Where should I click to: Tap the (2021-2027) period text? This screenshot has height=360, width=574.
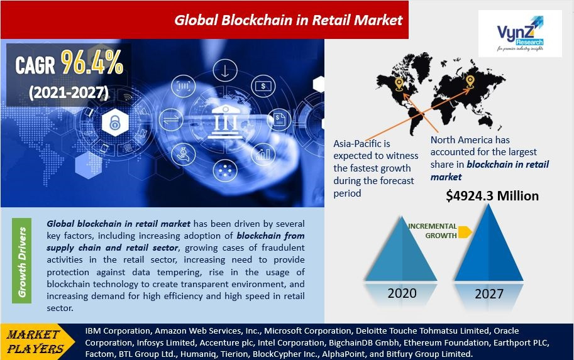point(69,92)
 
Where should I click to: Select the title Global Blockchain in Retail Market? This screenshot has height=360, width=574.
point(288,19)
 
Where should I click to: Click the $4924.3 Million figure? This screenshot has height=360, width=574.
point(492,196)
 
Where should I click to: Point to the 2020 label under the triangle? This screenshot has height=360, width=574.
point(401,293)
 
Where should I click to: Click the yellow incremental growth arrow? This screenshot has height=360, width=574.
point(465,232)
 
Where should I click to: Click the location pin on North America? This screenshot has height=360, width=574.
point(399,84)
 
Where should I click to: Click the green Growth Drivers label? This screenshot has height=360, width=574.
point(23,262)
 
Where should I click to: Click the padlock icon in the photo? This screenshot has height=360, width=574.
point(114,123)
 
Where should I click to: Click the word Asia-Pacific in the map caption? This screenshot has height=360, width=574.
point(361,144)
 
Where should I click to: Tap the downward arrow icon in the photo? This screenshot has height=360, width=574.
point(224,70)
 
